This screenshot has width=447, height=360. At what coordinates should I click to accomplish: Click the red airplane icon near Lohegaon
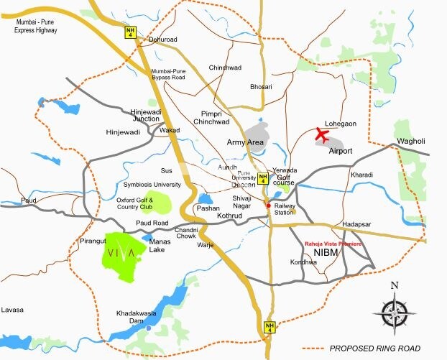tap(322, 134)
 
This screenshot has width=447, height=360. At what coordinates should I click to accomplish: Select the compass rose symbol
tap(393, 310)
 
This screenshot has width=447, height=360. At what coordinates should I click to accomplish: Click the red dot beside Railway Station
tap(269, 206)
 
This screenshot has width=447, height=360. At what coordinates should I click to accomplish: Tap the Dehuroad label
tap(163, 40)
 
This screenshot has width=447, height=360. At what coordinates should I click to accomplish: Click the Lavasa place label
tap(12, 310)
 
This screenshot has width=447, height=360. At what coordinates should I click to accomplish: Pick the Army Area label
tap(246, 142)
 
